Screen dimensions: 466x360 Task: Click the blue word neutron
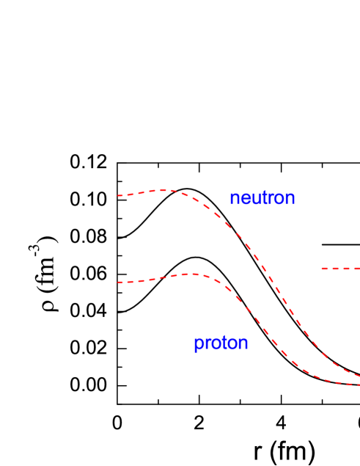(x=262, y=198)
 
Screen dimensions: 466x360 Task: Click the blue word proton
(x=221, y=343)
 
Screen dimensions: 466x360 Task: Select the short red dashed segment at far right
(x=340, y=269)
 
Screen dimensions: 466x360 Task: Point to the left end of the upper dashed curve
(x=118, y=196)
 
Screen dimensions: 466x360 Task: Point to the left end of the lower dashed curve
(x=118, y=283)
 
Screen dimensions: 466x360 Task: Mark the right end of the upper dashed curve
(x=359, y=376)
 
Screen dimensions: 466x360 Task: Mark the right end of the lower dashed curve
(x=359, y=385)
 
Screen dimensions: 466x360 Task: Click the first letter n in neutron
(x=234, y=199)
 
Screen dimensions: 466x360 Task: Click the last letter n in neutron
(x=290, y=199)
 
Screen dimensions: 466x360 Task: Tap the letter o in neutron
(x=280, y=199)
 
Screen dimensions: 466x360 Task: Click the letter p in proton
(x=198, y=345)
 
